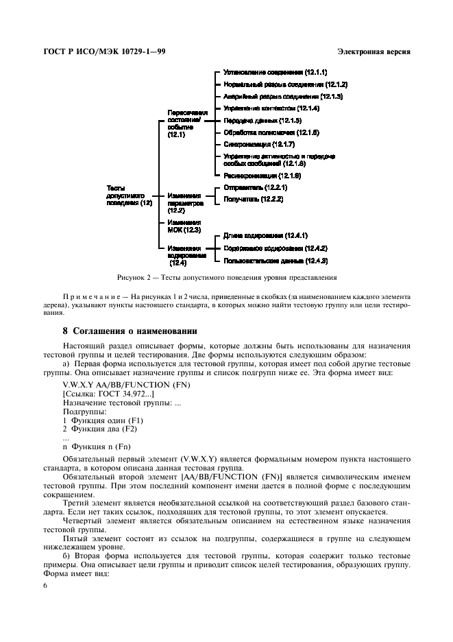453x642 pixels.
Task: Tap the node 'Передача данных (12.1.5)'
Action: coord(262,120)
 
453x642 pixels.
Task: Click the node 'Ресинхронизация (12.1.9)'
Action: coord(262,176)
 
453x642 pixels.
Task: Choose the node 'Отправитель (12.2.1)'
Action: coord(255,187)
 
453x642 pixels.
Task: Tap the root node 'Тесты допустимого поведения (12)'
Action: coord(129,195)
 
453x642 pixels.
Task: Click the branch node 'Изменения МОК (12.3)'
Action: coord(184,226)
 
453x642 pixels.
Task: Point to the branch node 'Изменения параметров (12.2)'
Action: coord(185,202)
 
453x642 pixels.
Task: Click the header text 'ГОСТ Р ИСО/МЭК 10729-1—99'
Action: coord(103,52)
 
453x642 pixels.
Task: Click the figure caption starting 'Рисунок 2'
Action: coord(226,278)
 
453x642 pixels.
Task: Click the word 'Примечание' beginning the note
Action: coord(92,296)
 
